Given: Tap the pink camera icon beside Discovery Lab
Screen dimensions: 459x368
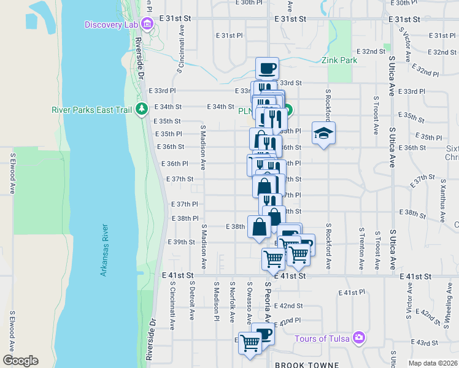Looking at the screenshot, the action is click(x=147, y=25).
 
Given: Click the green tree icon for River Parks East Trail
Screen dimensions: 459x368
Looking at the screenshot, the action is click(x=142, y=110).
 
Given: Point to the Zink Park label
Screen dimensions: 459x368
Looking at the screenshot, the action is click(x=339, y=61).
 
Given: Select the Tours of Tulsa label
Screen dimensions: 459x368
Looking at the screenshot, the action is click(x=322, y=339).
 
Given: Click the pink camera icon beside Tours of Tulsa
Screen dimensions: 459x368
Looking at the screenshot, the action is click(x=358, y=338).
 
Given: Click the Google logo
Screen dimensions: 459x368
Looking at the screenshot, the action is click(x=20, y=361).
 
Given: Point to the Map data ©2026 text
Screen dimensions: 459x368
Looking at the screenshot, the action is click(x=433, y=363).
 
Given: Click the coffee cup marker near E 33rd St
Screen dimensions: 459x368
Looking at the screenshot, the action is click(x=266, y=68).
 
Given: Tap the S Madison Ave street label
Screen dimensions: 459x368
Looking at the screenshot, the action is click(x=204, y=147).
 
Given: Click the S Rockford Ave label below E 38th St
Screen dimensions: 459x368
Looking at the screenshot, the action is click(x=329, y=246).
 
